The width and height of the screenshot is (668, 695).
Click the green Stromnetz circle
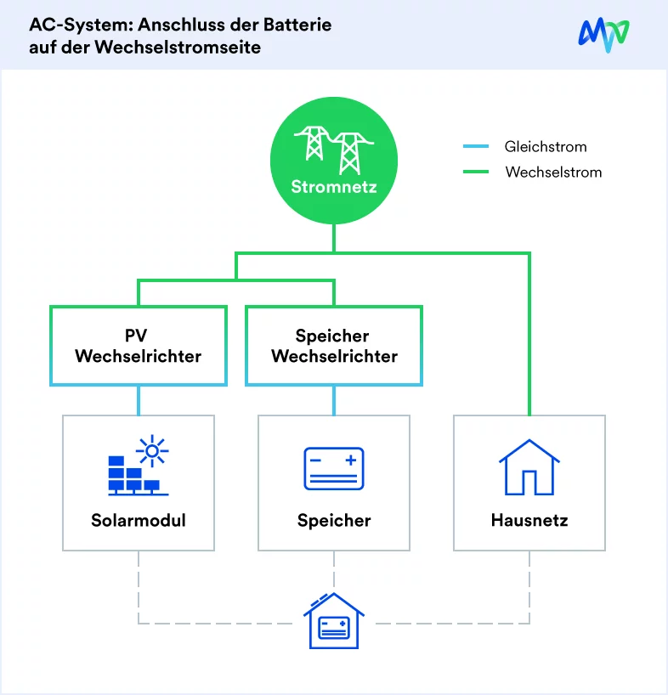[334, 161]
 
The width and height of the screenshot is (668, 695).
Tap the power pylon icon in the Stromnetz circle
[334, 150]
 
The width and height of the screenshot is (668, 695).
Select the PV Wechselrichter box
[139, 346]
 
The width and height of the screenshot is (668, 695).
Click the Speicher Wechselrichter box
[334, 346]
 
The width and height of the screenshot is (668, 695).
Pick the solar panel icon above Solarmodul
[139, 465]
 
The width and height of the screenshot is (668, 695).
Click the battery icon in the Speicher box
[334, 468]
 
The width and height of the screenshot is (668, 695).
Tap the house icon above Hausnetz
[529, 467]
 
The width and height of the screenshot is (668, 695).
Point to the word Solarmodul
[139, 520]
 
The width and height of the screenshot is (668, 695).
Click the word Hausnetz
[529, 520]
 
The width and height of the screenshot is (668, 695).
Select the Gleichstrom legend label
[546, 147]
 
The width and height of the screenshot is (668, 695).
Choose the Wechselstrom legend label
[553, 172]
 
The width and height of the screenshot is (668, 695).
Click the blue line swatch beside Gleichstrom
[476, 146]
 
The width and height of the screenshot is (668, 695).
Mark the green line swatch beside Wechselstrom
[476, 172]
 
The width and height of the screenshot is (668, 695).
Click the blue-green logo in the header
[603, 35]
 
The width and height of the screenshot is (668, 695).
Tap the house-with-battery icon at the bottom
[334, 620]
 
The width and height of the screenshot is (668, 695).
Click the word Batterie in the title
[297, 25]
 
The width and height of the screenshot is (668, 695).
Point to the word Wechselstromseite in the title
[178, 48]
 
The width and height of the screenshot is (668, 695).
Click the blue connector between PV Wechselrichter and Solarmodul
[139, 401]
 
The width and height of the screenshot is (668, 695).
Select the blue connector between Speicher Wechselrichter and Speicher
[334, 401]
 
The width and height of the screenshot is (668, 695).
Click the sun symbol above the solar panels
[152, 451]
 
